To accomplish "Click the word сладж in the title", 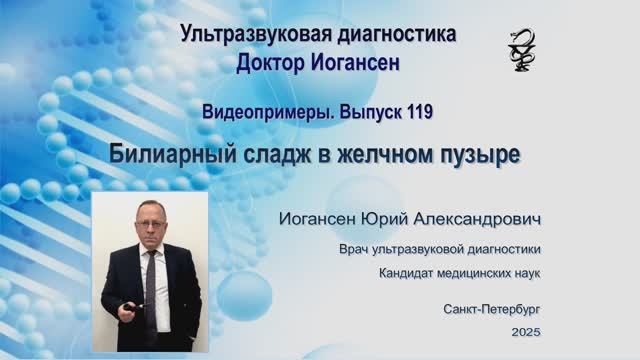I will [263, 156].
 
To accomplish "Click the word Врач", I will [362, 249].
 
